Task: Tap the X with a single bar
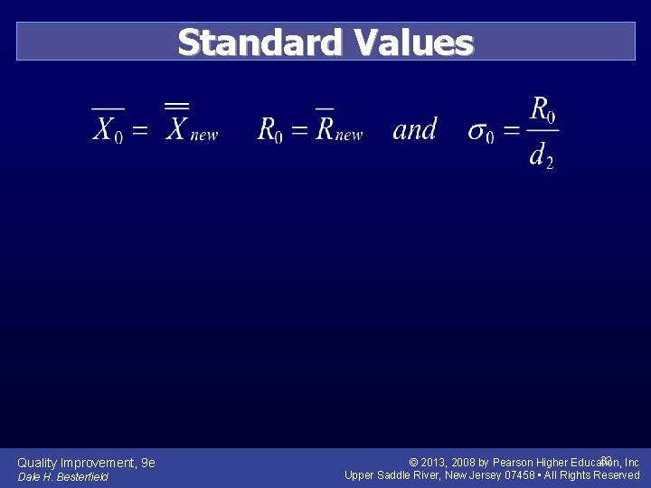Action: click(106, 129)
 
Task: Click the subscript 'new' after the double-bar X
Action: click(204, 135)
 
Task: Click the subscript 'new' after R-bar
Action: click(349, 135)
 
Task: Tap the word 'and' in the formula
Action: click(415, 129)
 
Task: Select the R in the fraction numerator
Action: click(540, 110)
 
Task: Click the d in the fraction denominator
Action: click(538, 155)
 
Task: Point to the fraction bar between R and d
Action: click(542, 131)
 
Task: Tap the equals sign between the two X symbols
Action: click(140, 130)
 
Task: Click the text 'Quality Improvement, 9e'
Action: click(86, 463)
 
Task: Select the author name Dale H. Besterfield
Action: click(62, 476)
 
